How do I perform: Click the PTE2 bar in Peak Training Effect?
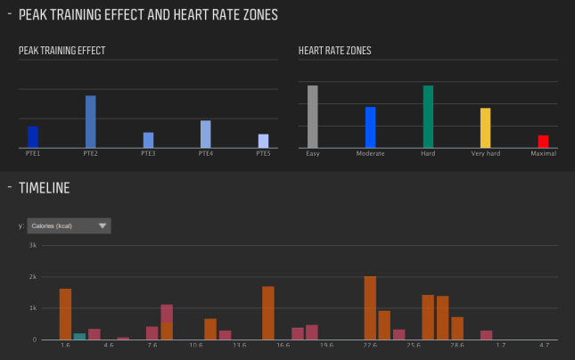(x=90, y=122)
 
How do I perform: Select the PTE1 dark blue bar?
(x=33, y=137)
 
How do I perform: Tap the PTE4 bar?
(x=205, y=135)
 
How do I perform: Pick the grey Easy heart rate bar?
(x=313, y=117)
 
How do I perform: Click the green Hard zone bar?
(x=428, y=117)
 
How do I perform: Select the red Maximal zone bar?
(x=543, y=142)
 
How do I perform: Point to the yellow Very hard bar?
(x=486, y=128)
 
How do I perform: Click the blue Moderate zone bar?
(x=370, y=127)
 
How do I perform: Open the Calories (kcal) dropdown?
(x=69, y=225)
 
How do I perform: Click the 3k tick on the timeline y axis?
(x=33, y=245)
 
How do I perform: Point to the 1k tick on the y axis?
(x=33, y=308)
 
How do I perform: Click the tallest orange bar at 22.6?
(x=370, y=308)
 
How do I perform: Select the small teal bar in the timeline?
(x=79, y=336)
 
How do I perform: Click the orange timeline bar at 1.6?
(x=65, y=314)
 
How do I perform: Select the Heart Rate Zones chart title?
(x=334, y=51)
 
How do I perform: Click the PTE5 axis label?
(x=263, y=153)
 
